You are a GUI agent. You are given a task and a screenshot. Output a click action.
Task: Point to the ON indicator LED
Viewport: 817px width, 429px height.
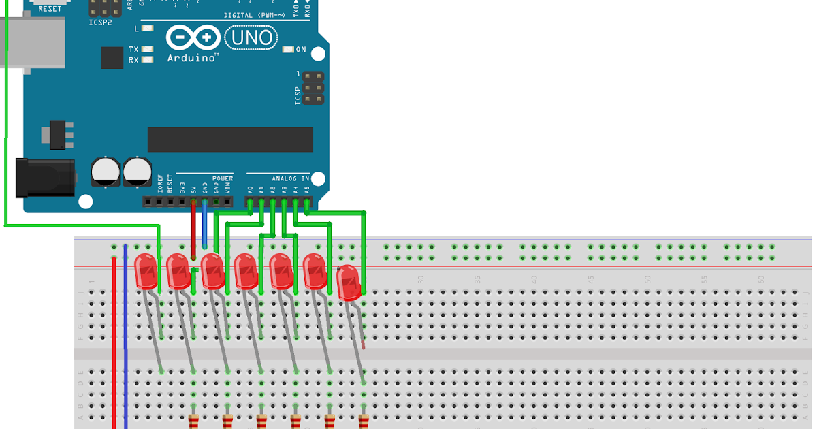[289, 50]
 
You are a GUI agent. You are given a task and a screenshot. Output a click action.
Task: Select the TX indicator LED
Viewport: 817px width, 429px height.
[147, 50]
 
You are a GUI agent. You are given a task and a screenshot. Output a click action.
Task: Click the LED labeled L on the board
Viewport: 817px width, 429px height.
[147, 29]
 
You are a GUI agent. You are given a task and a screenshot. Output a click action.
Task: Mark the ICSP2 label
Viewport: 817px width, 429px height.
[100, 22]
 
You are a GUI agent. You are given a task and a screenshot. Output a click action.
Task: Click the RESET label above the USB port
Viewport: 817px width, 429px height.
[50, 9]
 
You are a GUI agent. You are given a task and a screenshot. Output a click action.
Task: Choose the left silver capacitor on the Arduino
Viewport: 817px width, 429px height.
[106, 171]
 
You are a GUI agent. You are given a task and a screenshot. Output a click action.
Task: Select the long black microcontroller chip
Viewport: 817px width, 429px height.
[230, 140]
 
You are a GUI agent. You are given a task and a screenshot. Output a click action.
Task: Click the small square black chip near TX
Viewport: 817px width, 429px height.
[112, 57]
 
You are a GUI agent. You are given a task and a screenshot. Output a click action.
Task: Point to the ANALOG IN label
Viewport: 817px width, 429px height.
[291, 178]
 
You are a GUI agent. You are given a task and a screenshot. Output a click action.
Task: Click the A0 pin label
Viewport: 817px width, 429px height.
[251, 189]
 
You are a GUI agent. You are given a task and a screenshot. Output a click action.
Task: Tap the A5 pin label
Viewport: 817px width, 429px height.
[307, 189]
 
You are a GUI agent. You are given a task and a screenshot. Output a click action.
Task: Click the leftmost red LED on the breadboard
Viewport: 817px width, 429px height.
[146, 270]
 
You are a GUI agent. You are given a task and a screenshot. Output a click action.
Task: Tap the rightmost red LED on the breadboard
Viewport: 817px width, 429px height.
[348, 282]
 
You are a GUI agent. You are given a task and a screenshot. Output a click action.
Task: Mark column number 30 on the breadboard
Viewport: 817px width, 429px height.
[421, 279]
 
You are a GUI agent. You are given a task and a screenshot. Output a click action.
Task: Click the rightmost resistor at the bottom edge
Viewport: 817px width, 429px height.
[364, 422]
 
